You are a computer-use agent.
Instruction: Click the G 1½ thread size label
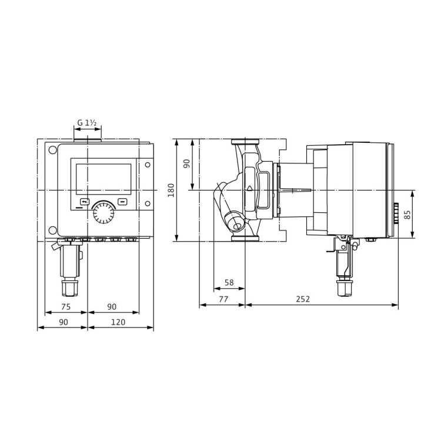(87, 123)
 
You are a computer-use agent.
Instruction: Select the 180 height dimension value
(172, 190)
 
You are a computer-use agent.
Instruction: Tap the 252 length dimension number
(302, 299)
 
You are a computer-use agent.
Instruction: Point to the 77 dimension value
(223, 299)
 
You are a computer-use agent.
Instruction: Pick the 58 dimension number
(229, 283)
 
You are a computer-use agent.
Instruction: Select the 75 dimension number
(66, 306)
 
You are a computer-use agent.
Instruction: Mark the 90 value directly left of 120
(63, 322)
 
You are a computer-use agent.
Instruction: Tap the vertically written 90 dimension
(188, 163)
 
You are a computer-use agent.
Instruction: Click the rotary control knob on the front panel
(105, 212)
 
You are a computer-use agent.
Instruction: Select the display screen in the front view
(103, 179)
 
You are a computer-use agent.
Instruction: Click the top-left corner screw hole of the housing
(53, 149)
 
